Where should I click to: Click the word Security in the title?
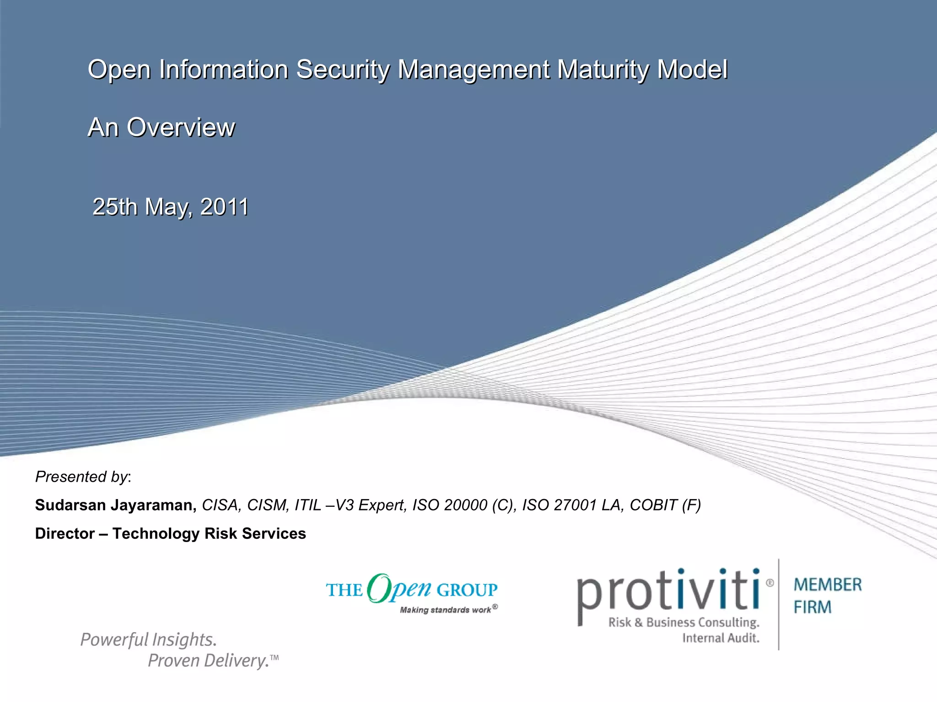pyautogui.click(x=343, y=70)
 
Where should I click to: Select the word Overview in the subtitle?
pyautogui.click(x=181, y=127)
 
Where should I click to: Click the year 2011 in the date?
pyautogui.click(x=224, y=207)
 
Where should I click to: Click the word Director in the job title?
pyautogui.click(x=65, y=533)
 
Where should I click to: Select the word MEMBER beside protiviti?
pyautogui.click(x=828, y=585)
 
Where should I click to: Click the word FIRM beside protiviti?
pyautogui.click(x=813, y=607)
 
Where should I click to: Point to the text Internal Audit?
pyautogui.click(x=721, y=638)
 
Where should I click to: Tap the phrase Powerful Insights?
pyautogui.click(x=148, y=639)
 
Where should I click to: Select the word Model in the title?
pyautogui.click(x=692, y=70)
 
